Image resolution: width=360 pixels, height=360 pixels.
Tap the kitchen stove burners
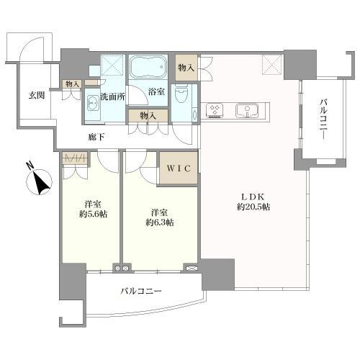coord(215,110)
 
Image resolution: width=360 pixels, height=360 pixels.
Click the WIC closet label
coord(178,170)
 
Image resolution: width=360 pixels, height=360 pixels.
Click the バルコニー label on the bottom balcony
coord(141,292)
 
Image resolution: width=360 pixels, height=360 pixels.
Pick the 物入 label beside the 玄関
coord(72,84)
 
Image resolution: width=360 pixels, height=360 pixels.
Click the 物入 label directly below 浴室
coord(148,116)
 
